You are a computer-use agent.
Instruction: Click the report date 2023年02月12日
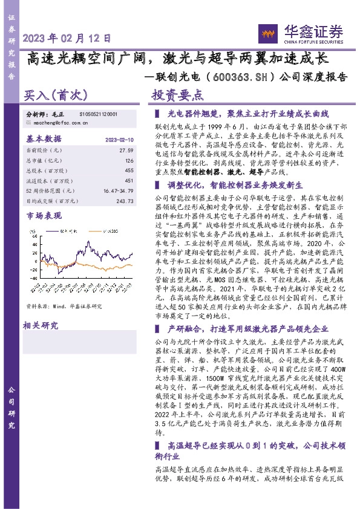(67, 38)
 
